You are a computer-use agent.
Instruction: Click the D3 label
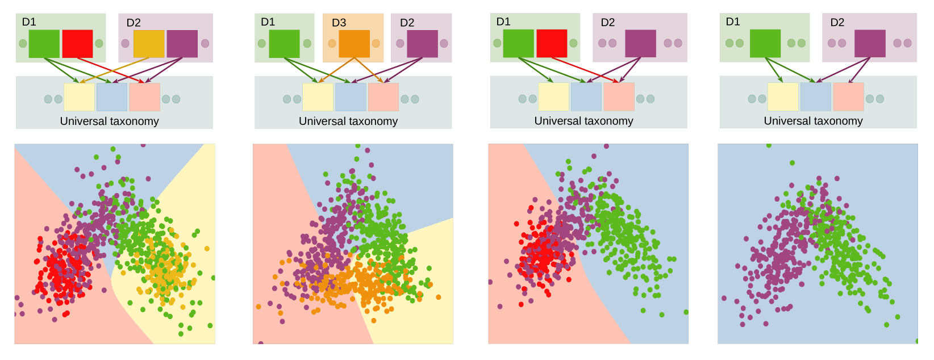339,23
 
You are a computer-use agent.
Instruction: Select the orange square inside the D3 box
354,44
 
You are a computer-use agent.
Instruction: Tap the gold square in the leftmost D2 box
149,44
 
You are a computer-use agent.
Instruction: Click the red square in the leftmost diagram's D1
77,44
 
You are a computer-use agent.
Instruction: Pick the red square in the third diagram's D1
552,43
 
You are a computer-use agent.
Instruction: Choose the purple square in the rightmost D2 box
870,44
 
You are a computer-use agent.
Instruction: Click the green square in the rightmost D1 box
765,43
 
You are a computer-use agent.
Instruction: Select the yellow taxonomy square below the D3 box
318,97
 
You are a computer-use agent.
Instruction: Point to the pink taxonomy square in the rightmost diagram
848,97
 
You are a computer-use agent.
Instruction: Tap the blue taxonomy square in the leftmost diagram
112,97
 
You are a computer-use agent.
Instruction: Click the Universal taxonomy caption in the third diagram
583,121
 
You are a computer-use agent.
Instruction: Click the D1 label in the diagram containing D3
268,22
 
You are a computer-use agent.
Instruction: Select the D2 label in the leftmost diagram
134,23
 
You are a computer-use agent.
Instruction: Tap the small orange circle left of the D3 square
332,43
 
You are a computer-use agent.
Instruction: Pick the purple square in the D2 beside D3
422,44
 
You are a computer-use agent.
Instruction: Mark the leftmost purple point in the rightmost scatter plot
724,298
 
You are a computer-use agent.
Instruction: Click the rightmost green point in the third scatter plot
686,312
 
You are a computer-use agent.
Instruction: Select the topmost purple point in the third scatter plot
607,146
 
